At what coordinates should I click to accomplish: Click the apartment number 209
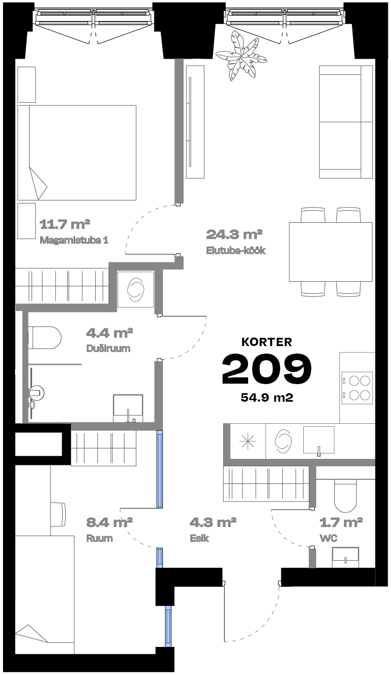tap(267, 369)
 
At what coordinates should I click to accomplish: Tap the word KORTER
tap(267, 342)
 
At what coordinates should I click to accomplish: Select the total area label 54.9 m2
tap(267, 398)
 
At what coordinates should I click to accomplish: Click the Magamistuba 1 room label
tap(74, 240)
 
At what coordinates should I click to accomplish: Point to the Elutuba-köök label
tap(236, 250)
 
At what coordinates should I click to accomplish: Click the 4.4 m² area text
tap(110, 333)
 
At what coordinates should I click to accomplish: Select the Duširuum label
tap(108, 349)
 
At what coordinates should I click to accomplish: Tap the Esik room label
tap(199, 538)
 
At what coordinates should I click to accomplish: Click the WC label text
tap(329, 538)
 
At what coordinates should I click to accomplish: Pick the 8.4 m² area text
tap(110, 522)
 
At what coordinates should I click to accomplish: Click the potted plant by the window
tap(241, 56)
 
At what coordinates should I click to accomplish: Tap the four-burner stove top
tap(357, 388)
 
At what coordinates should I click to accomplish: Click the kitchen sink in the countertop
tap(319, 440)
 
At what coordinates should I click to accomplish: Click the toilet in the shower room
tap(45, 337)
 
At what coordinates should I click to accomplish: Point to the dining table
tap(330, 252)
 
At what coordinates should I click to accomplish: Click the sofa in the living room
tap(346, 122)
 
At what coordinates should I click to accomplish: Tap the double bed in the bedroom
tap(77, 152)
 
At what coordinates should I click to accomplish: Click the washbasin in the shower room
tap(128, 408)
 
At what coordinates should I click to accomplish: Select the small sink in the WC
tap(345, 558)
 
